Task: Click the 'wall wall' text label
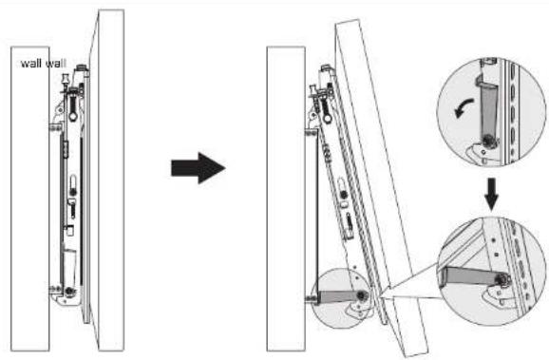[44, 64]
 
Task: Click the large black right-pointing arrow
[198, 168]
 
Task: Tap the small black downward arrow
[492, 195]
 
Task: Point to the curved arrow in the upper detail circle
[464, 108]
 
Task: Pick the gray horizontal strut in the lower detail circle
[469, 275]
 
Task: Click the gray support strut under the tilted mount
[338, 297]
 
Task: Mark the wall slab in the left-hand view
[29, 199]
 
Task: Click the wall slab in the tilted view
[286, 199]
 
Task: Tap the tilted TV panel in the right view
[382, 189]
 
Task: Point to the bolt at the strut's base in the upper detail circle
[487, 141]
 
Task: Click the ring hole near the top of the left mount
[73, 116]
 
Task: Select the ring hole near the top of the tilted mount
[328, 119]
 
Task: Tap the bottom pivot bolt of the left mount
[69, 291]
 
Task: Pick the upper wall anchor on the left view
[55, 128]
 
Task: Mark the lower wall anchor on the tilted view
[312, 298]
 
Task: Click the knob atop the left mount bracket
[82, 67]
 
